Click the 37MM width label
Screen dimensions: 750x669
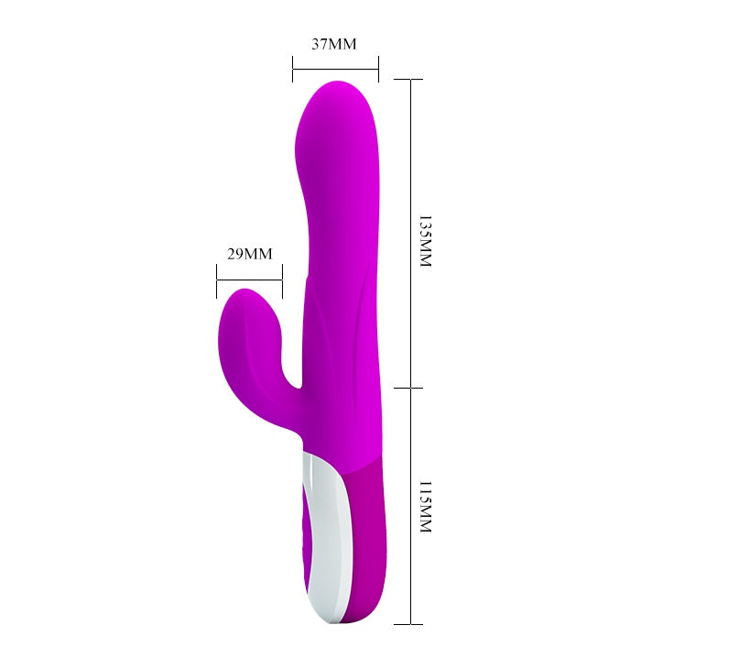[x=334, y=44]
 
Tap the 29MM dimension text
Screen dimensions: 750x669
[x=250, y=254]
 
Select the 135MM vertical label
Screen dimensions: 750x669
[x=425, y=241]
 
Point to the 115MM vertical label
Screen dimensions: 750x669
[x=425, y=507]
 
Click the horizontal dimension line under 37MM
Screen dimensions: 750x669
[x=336, y=69]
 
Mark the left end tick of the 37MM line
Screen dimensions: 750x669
[x=293, y=69]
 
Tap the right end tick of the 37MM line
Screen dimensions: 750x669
[x=378, y=69]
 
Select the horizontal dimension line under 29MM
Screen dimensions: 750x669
[x=249, y=279]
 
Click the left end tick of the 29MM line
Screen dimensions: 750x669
[x=217, y=281]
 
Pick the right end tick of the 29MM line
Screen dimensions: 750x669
[x=282, y=281]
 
